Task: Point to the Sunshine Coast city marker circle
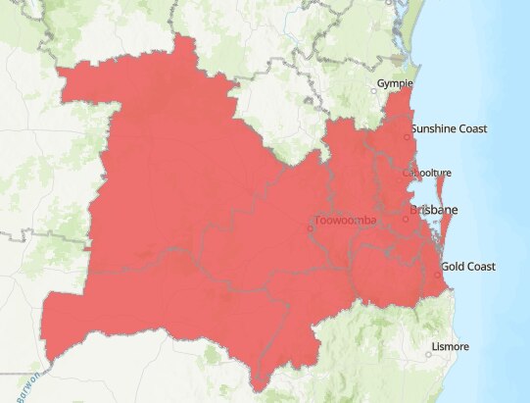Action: point(407,137)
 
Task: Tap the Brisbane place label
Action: point(433,211)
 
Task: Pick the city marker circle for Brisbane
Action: point(406,218)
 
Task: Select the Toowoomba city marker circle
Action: point(311,228)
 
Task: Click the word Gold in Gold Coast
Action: point(454,267)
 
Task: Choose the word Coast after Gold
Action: point(482,267)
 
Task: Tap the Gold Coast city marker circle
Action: point(437,275)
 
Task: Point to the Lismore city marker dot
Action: point(428,353)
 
